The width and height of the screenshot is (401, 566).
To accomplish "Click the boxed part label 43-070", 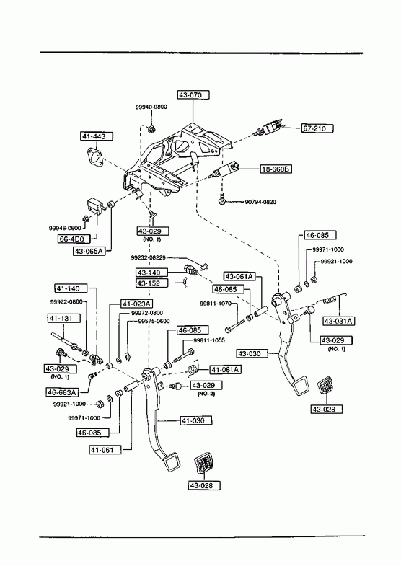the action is (x=193, y=95).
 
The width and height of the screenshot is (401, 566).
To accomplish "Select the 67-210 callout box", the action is (x=317, y=128).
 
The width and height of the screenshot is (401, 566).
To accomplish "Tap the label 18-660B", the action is (x=276, y=169).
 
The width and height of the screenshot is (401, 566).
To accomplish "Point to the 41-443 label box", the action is (x=97, y=136).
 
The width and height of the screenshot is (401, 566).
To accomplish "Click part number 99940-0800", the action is (x=151, y=107).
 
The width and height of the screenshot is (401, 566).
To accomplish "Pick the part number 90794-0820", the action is (x=260, y=202).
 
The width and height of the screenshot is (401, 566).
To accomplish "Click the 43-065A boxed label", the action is (x=89, y=251).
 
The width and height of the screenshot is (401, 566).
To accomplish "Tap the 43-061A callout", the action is (x=239, y=276).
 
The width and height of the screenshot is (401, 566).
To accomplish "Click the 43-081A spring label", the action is (x=338, y=321).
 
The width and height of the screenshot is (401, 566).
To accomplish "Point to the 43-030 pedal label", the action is (x=252, y=353).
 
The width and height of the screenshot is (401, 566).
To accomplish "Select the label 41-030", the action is (x=196, y=420).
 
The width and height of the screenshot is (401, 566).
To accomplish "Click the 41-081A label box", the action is (x=226, y=370).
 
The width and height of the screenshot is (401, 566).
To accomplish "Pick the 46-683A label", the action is (x=63, y=392).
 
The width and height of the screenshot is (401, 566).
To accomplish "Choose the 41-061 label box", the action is (x=105, y=450).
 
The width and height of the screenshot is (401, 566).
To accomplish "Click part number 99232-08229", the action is (x=149, y=257).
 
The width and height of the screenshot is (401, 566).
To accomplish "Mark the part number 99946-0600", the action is (x=65, y=228).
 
